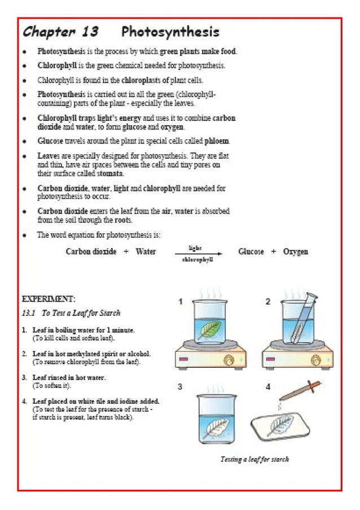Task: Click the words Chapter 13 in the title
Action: coord(61,32)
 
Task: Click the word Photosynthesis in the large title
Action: coord(170,32)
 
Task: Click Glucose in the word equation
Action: coord(251,251)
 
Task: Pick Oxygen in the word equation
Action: coord(296,251)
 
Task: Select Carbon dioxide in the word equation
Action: coord(91,251)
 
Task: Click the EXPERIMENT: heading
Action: coord(49,298)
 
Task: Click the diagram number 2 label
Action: coord(268,302)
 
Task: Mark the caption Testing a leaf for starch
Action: coord(254,459)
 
